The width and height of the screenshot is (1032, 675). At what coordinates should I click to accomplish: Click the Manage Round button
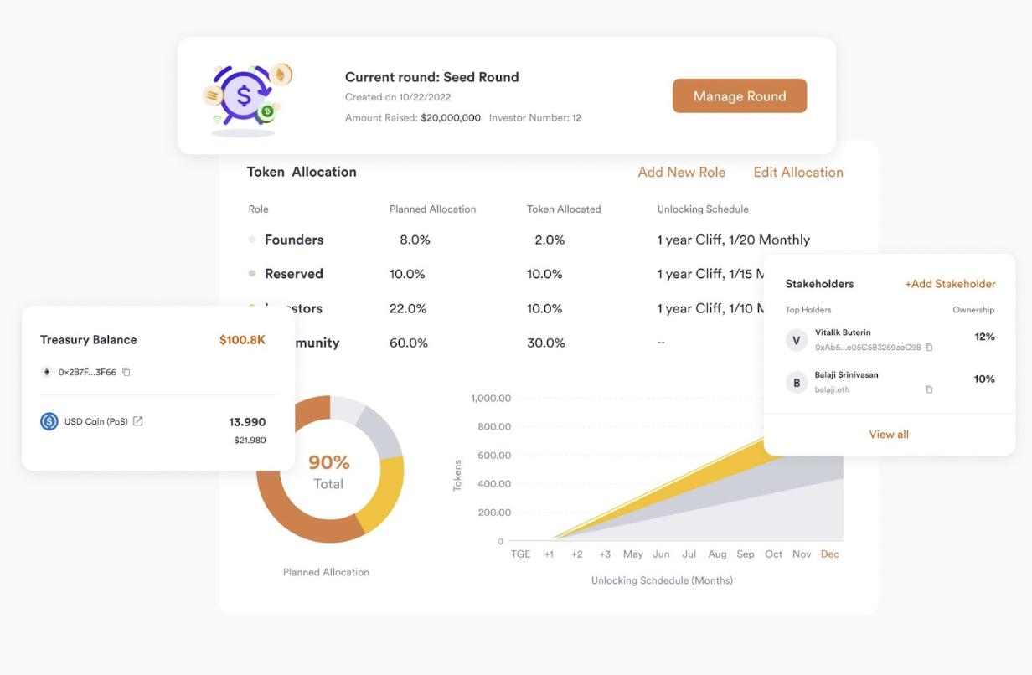(739, 96)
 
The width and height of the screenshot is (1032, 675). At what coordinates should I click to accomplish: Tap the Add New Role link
(681, 173)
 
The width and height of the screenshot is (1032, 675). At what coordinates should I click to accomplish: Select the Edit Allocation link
(797, 173)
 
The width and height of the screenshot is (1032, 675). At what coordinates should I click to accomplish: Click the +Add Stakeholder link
(950, 284)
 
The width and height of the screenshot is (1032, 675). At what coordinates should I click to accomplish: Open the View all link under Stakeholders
(889, 435)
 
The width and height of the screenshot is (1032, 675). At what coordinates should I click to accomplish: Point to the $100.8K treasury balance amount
(242, 340)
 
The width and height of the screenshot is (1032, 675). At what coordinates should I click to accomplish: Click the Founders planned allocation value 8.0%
(415, 240)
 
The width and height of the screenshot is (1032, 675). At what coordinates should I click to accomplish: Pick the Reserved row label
(293, 274)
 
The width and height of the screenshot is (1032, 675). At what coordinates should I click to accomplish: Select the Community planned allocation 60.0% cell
(408, 343)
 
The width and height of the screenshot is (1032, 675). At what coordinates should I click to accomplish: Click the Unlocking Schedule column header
(702, 209)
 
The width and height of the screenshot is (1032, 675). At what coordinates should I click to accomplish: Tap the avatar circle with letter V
(796, 340)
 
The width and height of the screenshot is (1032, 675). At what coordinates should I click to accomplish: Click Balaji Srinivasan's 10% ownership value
(983, 379)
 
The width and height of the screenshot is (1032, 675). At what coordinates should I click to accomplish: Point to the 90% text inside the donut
(329, 462)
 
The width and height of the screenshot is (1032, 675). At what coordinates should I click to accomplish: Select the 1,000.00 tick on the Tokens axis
(491, 399)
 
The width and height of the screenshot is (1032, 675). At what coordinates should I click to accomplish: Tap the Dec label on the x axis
(829, 554)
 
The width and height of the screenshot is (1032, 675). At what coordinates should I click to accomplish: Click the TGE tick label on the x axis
(520, 554)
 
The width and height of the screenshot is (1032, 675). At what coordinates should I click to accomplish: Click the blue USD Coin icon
(49, 421)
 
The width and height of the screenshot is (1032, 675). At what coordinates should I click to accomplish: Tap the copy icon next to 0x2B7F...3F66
(126, 373)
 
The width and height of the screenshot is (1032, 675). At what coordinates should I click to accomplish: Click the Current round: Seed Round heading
(431, 77)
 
